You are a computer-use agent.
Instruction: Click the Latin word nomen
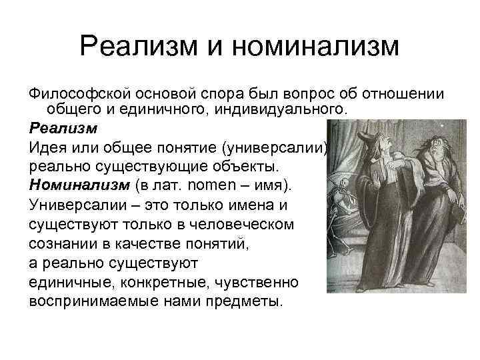click(x=213, y=183)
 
